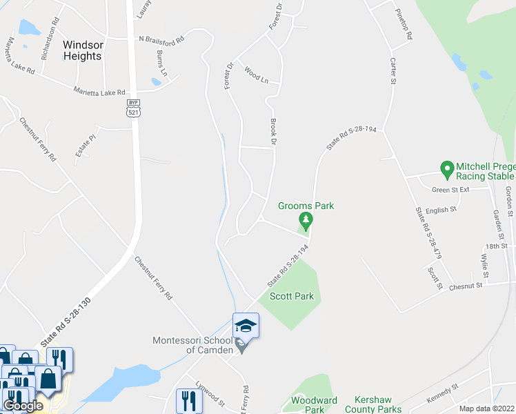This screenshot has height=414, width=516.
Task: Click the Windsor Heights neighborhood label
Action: click(x=83, y=50)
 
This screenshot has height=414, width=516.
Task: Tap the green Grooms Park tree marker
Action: click(x=306, y=221)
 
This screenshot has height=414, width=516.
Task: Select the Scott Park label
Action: click(x=291, y=297)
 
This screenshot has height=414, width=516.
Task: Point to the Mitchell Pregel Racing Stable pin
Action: click(x=446, y=168)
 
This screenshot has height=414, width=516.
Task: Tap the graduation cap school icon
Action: click(x=246, y=326)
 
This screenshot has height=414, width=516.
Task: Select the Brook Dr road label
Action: click(x=273, y=131)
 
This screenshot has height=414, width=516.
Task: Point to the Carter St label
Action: click(x=393, y=70)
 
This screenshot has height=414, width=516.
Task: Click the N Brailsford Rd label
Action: click(x=162, y=39)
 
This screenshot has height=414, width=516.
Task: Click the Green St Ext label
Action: click(x=450, y=190)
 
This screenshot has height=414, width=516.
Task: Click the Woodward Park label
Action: click(x=314, y=405)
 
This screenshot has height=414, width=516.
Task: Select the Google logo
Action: click(x=23, y=406)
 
